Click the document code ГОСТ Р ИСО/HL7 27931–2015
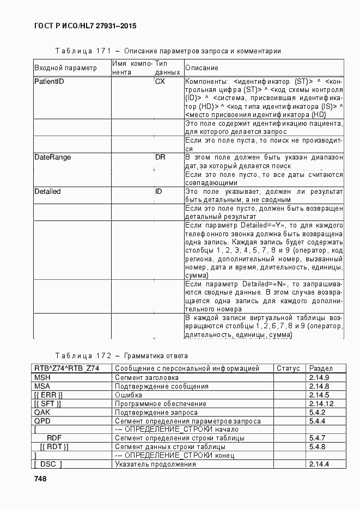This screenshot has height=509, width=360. pyautogui.click(x=85, y=26)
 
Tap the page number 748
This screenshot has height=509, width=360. pyautogui.click(x=40, y=479)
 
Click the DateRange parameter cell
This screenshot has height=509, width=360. pyautogui.click(x=52, y=157)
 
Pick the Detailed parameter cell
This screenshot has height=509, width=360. pyautogui.click(x=47, y=192)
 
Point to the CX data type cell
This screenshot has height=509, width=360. pyautogui.click(x=160, y=81)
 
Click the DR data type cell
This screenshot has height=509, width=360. pyautogui.click(x=160, y=157)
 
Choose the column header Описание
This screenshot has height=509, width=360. pyautogui.click(x=202, y=68)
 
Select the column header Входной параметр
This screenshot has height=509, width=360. pyautogui.click(x=65, y=68)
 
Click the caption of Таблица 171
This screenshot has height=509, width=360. pyautogui.click(x=168, y=51)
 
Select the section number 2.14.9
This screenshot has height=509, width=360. pyautogui.click(x=319, y=377)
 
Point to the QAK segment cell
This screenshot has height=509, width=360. pyautogui.click(x=42, y=412)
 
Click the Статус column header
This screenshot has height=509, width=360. pyautogui.click(x=288, y=369)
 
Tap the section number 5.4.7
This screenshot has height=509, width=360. pyautogui.click(x=317, y=438)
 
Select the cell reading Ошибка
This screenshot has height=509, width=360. pyautogui.click(x=129, y=395)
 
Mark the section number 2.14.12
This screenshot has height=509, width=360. pyautogui.click(x=321, y=403)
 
